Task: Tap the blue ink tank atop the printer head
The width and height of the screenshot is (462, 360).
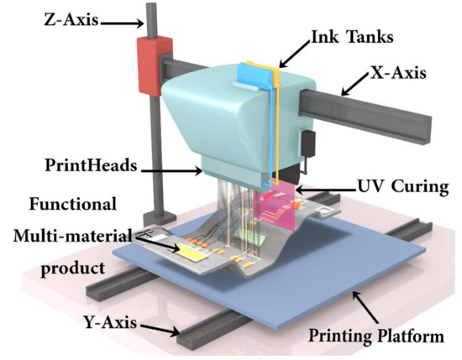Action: click(260, 72)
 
